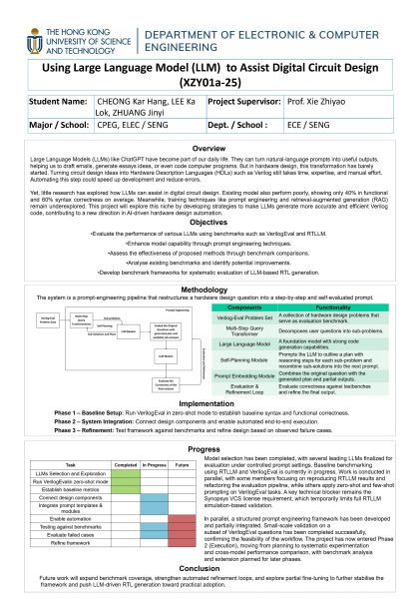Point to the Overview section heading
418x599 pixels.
click(209, 148)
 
